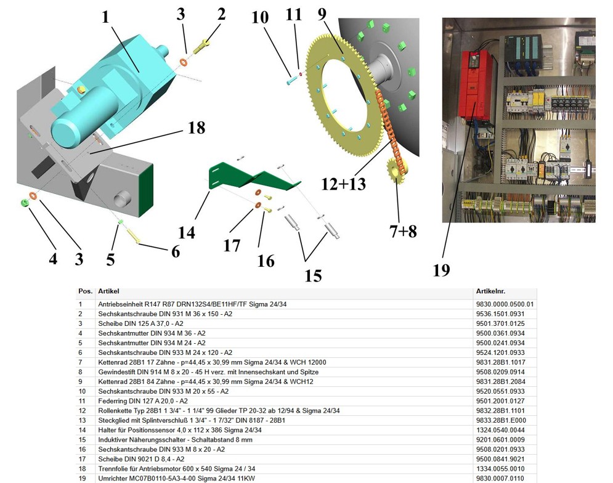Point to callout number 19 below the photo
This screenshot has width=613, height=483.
point(441,270)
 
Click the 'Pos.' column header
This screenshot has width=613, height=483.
point(84,291)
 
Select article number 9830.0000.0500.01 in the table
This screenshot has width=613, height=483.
point(504,304)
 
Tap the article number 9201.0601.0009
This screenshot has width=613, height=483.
point(499,440)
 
